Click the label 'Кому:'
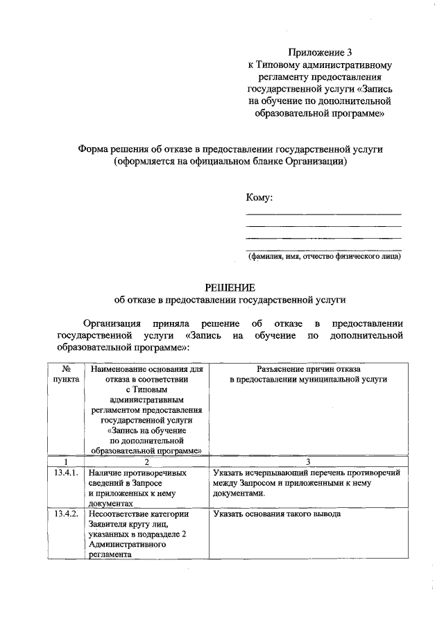pos(259,197)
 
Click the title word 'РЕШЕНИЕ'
pos(230,287)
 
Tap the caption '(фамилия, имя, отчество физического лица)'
pos(324,256)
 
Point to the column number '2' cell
pos(146,461)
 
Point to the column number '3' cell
pos(308,461)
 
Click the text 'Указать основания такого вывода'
pos(277,514)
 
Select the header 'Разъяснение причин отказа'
pos(308,369)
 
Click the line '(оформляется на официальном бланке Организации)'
pos(230,162)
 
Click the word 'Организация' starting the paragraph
pos(112,323)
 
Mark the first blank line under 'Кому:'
pos(324,214)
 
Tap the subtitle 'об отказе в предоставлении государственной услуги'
pos(230,300)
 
